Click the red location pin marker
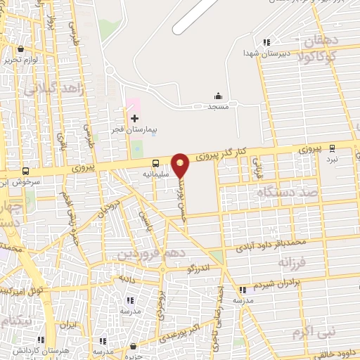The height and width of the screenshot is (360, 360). (181, 165)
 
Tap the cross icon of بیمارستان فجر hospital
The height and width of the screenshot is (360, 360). (134, 117)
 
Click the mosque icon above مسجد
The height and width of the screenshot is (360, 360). (219, 96)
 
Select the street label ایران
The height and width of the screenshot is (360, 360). (67, 325)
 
